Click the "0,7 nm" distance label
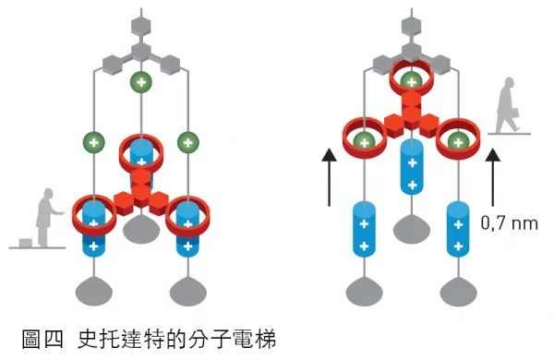509,222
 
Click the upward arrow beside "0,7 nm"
492,176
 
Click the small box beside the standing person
27,242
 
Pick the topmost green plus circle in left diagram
140,81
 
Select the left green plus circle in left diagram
92,142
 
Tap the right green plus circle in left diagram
188,142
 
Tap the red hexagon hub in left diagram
140,188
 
